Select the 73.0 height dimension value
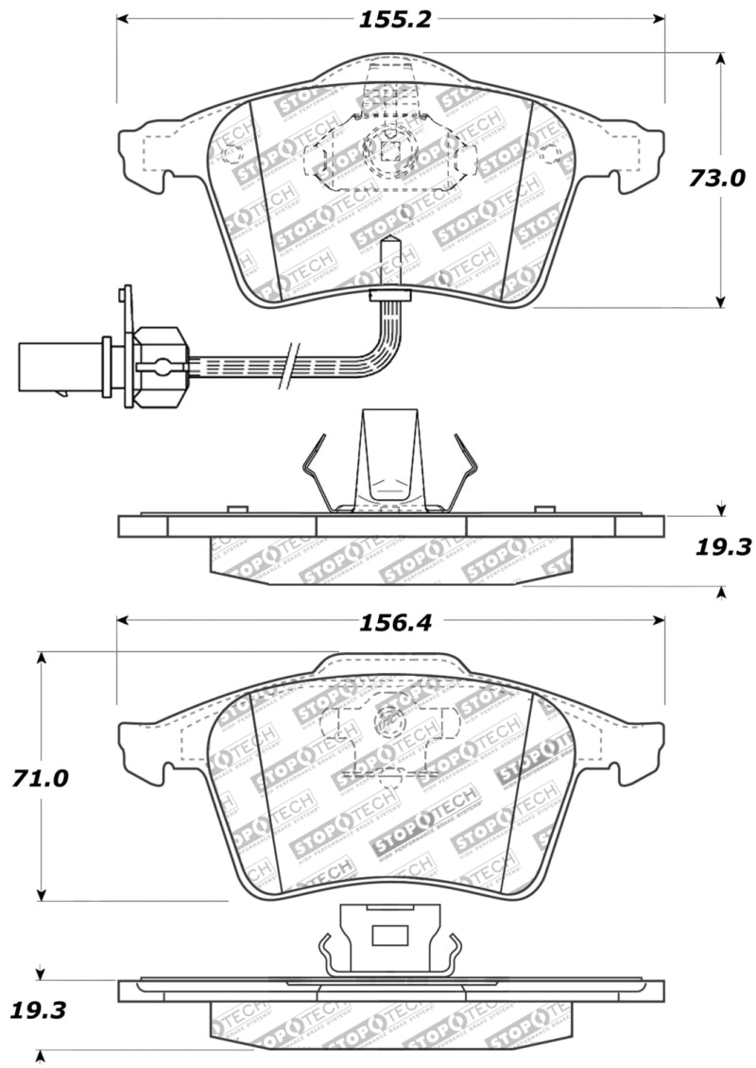pos(716,178)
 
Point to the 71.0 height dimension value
pos(41,778)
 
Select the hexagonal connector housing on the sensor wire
pos(157,366)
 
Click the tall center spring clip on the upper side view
pos(388,463)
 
